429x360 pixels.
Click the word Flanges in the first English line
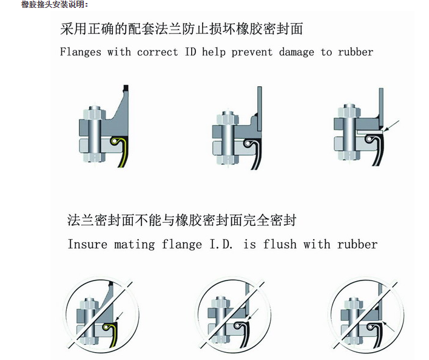[81, 52]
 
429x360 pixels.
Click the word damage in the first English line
[296, 53]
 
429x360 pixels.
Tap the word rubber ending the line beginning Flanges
[356, 52]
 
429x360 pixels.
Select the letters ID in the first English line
[191, 52]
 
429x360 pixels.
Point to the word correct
[157, 52]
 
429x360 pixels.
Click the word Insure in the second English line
[87, 244]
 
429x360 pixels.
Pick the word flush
[280, 244]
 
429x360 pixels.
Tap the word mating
[134, 245]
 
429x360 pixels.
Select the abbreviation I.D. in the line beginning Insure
[221, 244]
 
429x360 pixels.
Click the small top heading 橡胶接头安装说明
[55, 4]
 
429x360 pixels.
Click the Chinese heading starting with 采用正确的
[181, 29]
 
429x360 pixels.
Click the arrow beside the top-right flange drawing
[391, 126]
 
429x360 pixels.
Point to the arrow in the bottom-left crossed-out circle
[120, 316]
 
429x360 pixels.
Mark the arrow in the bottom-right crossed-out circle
[389, 327]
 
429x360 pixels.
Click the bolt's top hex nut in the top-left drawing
[94, 113]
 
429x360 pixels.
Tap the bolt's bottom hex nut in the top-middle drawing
[228, 159]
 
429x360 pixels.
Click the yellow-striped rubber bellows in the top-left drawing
[121, 151]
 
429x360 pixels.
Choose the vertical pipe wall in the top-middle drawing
[260, 109]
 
